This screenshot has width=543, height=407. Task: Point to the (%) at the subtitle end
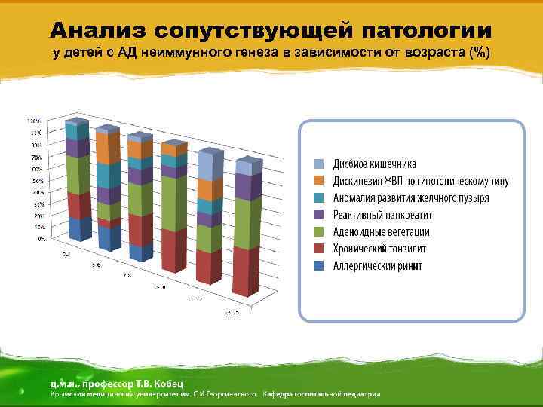(480, 53)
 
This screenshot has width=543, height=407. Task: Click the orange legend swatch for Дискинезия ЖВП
(320, 182)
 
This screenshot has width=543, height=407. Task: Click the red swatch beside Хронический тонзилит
(320, 249)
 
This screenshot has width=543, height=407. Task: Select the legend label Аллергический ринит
(378, 266)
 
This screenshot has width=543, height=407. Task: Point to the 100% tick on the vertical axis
(35, 121)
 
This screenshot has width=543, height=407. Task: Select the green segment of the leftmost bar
(76, 173)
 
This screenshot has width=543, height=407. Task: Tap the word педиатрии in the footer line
(358, 393)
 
